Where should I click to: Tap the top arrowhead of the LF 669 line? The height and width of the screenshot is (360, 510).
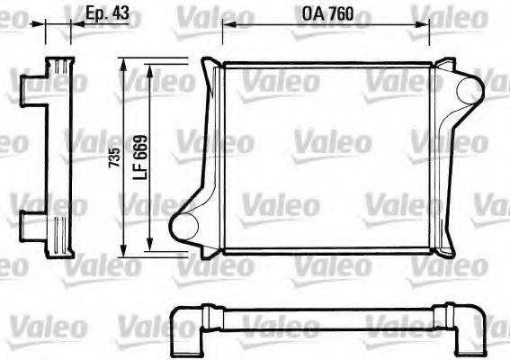pyautogui.click(x=150, y=68)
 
